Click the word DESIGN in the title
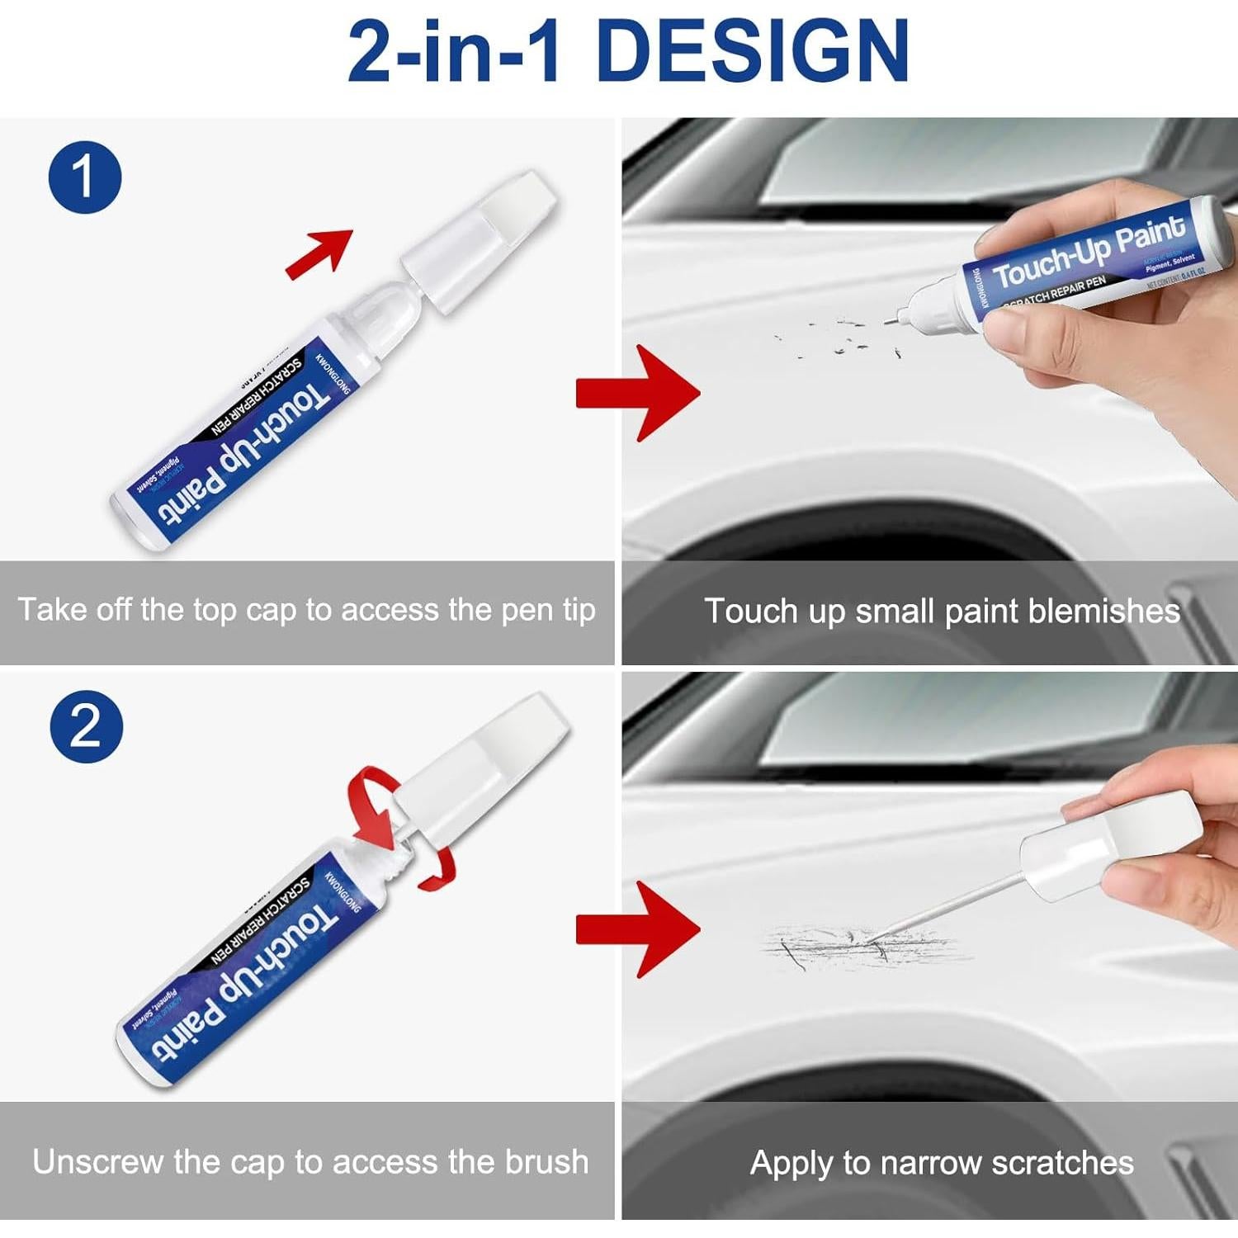[751, 51]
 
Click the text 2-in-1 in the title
[456, 51]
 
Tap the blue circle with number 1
[85, 177]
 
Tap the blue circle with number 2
[87, 726]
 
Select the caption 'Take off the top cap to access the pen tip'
[307, 611]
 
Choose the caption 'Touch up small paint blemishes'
[942, 612]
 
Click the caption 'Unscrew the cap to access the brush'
[310, 1162]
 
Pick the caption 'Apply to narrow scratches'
[942, 1163]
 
